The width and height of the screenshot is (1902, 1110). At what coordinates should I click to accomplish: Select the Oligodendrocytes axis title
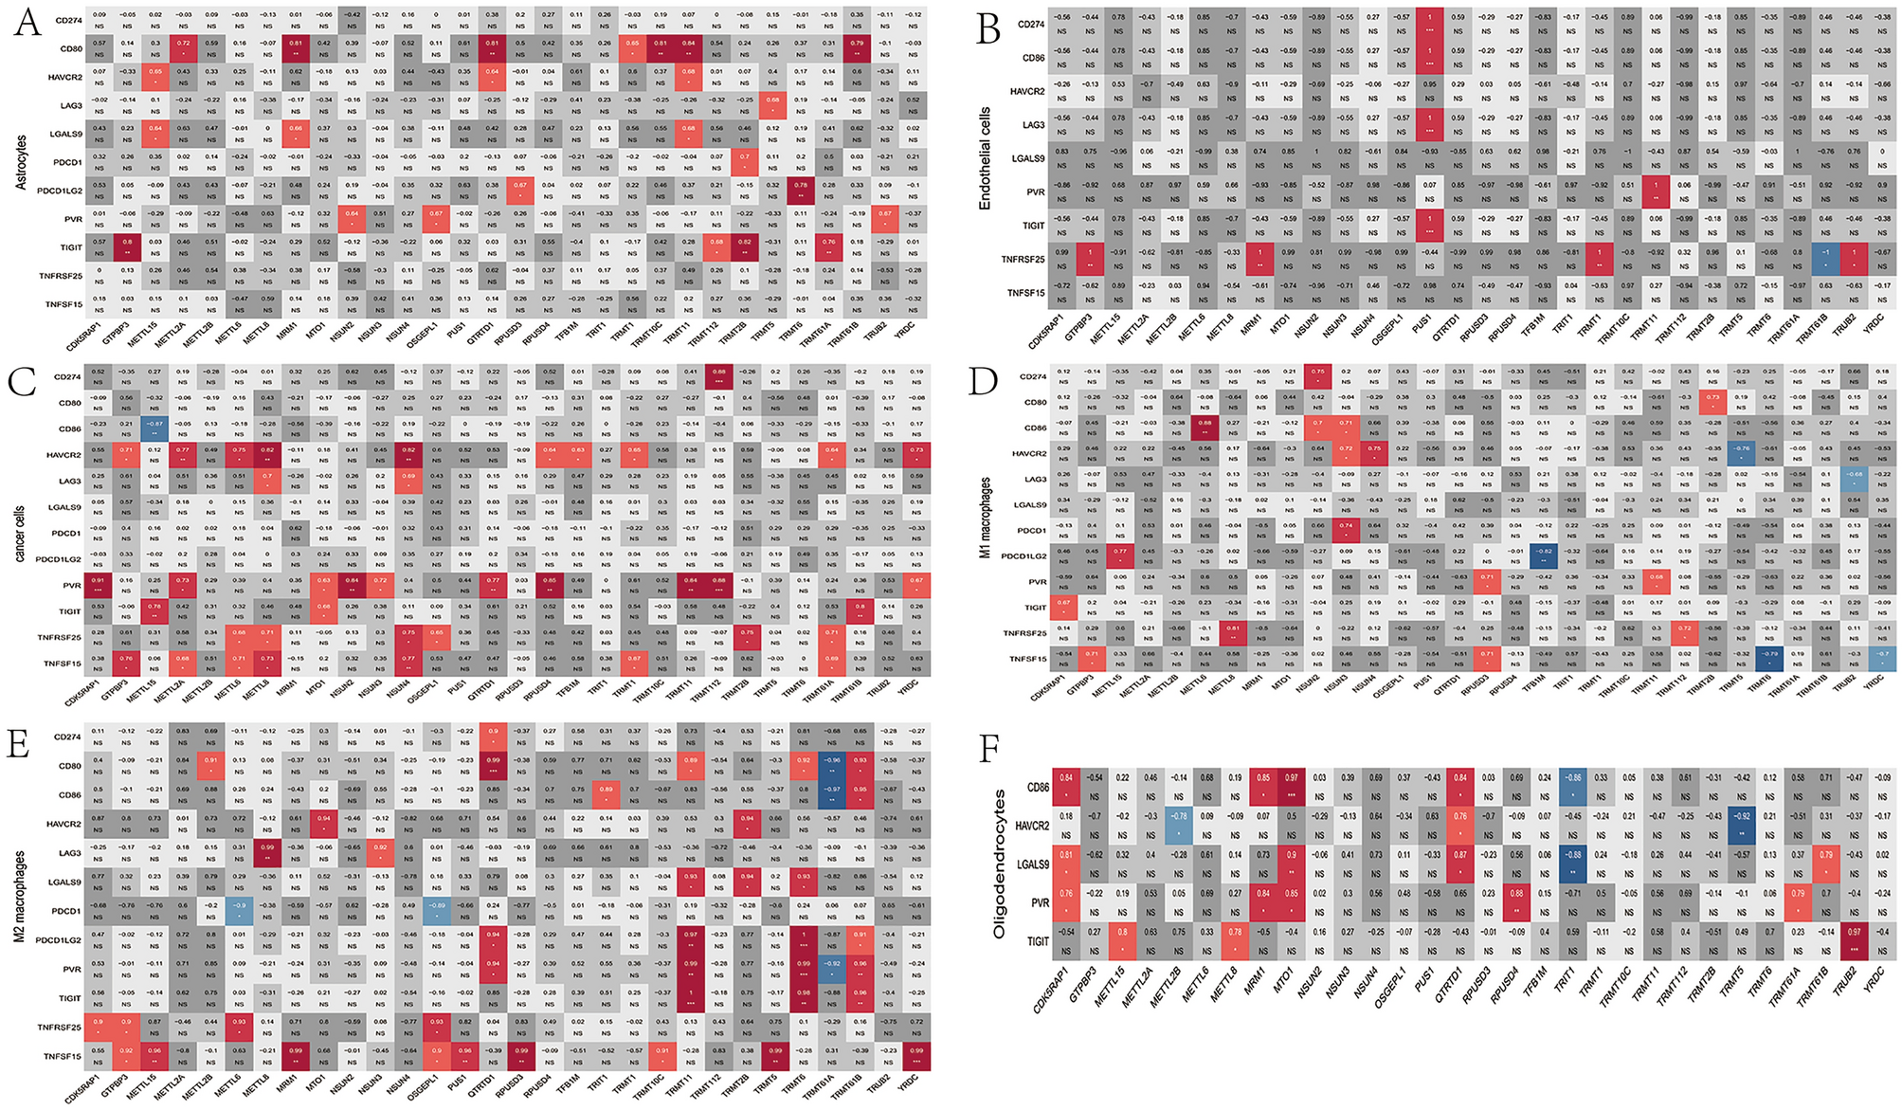999,865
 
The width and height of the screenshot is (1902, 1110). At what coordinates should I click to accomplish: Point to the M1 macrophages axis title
986,517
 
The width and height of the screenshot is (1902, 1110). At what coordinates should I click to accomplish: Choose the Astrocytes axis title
21,161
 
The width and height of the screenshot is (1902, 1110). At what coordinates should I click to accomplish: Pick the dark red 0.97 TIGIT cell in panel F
1843,940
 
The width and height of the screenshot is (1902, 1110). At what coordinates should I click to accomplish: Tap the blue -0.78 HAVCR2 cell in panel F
1179,827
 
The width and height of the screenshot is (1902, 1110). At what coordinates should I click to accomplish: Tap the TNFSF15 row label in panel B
1023,293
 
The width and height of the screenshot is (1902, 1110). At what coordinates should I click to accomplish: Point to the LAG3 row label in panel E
69,853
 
